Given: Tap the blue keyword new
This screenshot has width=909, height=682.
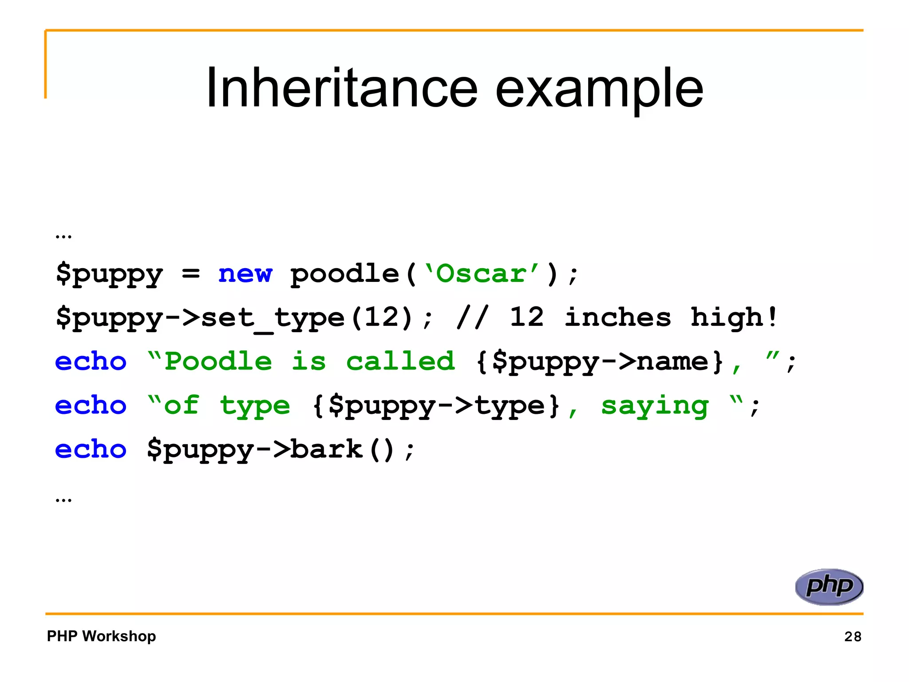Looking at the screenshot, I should pos(245,273).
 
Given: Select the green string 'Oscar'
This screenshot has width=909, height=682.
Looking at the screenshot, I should pos(482,273).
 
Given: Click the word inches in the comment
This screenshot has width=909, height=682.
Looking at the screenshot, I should pos(617,317).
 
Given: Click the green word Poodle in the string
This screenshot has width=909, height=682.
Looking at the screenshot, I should pos(218,361).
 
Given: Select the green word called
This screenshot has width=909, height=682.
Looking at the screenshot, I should pos(400,361).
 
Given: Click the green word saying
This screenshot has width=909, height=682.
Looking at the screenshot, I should pos(655,406).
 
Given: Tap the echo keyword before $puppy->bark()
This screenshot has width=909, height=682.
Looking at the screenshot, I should pos(91,449).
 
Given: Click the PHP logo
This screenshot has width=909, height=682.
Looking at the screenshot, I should pos(829,587).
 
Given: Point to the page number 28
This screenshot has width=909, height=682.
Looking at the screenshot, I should pos(853,637).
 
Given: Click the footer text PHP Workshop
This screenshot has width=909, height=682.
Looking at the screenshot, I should pos(102,636).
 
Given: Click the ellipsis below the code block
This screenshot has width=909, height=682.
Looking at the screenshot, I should pos(63,500).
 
